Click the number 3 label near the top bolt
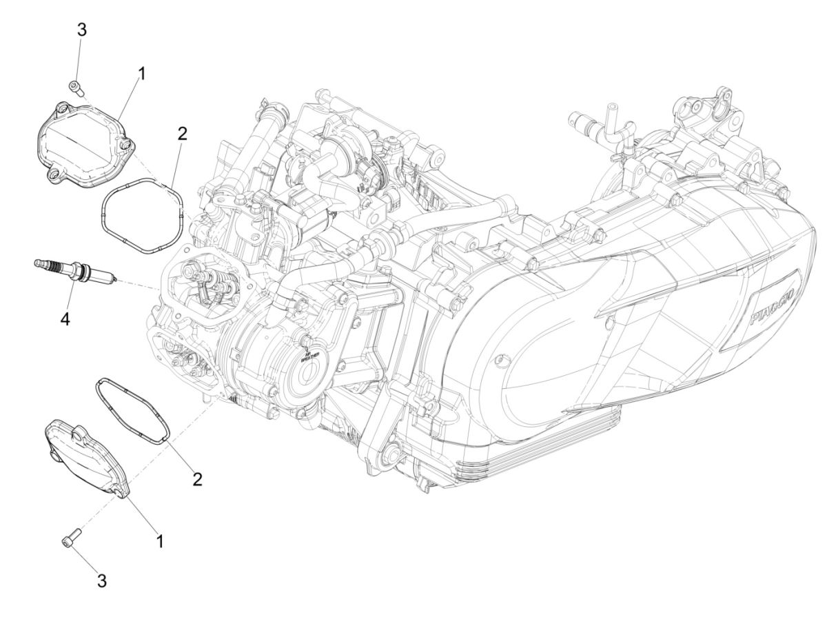tap(82, 30)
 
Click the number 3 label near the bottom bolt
tap(101, 581)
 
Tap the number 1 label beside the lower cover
tap(160, 542)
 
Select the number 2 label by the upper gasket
tap(181, 134)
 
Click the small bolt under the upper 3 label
tap(77, 87)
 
